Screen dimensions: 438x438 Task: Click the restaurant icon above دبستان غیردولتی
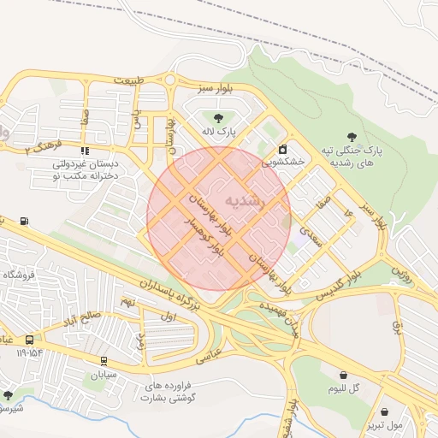point(84,151)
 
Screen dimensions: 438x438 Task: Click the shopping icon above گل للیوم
point(343,375)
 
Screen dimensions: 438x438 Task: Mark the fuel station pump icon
point(23,222)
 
